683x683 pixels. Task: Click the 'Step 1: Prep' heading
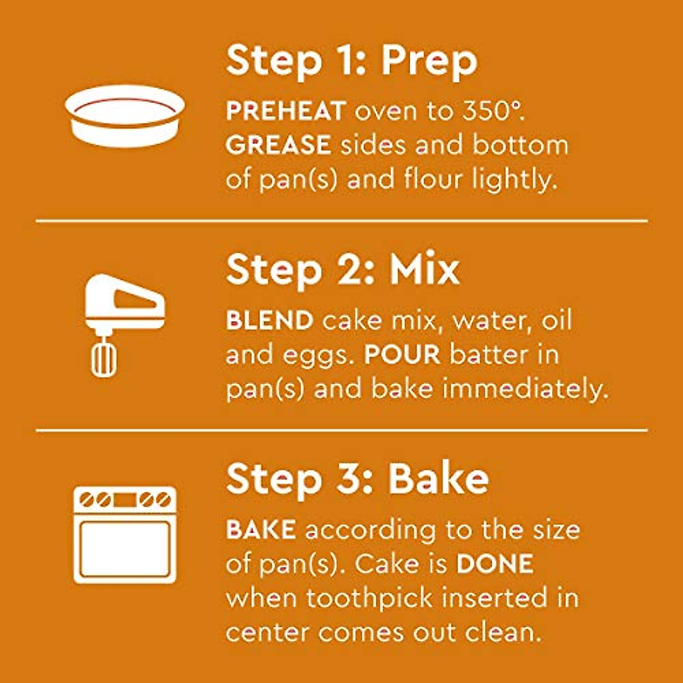(x=351, y=61)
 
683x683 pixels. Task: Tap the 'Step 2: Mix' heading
(x=342, y=270)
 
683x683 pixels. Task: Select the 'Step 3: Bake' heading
(x=357, y=480)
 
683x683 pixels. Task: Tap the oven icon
(x=125, y=534)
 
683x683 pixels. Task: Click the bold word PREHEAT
(x=286, y=111)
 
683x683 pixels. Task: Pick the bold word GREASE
(x=278, y=145)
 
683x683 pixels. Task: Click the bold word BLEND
(x=270, y=320)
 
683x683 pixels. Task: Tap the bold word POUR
(x=402, y=355)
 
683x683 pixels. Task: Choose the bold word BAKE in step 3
(x=261, y=530)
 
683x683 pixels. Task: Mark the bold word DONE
(x=495, y=564)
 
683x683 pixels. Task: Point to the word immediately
(x=525, y=389)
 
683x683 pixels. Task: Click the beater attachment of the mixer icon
(x=104, y=356)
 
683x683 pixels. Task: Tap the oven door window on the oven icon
(x=125, y=548)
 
